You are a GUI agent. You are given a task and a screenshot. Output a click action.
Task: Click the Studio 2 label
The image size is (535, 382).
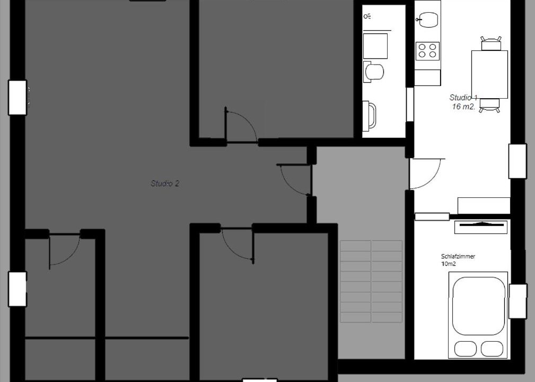165,184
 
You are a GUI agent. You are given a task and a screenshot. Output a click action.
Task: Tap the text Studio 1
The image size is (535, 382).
463,98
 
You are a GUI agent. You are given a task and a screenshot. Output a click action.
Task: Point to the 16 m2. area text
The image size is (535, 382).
463,107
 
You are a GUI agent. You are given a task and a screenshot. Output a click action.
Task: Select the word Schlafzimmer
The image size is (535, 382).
458,256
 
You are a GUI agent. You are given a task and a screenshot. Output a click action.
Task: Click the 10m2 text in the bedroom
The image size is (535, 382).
449,264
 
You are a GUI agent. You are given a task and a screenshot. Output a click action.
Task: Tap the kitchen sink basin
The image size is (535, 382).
428,20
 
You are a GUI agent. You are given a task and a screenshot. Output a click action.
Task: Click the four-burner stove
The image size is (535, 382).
427,51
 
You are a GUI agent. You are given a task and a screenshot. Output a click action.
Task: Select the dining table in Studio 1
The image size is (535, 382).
489,74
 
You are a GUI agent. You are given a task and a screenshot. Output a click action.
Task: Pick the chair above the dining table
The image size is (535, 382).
490,44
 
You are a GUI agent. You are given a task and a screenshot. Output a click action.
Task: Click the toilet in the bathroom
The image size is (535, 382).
373,72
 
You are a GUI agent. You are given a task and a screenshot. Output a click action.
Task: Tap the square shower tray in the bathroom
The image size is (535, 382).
375,46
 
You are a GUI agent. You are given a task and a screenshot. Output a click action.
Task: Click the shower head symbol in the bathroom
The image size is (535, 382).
367,16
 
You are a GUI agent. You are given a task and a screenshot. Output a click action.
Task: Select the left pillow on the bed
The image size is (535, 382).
466,349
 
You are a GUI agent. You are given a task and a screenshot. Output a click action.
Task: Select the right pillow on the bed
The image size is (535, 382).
492,349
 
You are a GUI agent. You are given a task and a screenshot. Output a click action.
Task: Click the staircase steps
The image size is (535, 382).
371,281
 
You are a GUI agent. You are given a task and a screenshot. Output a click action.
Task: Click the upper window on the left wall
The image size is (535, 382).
17,98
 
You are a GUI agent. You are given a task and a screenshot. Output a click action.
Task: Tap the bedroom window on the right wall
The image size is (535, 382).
518,301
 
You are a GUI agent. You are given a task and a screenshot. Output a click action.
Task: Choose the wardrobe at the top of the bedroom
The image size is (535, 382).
481,227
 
